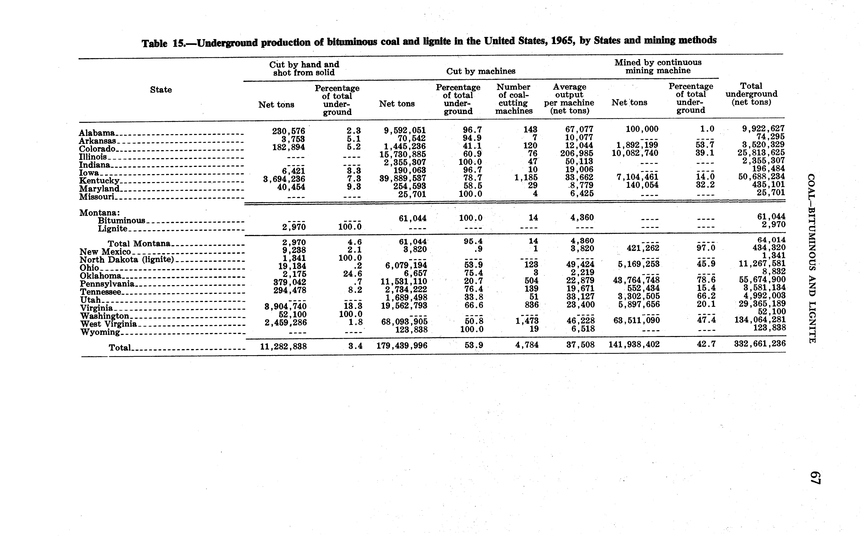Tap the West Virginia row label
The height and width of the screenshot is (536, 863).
point(108,324)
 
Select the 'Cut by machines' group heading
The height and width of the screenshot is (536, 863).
point(480,71)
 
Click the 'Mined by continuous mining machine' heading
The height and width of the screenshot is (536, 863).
point(658,66)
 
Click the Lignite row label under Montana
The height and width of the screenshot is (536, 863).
point(112,229)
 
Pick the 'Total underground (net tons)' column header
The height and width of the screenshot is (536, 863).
point(751,94)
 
